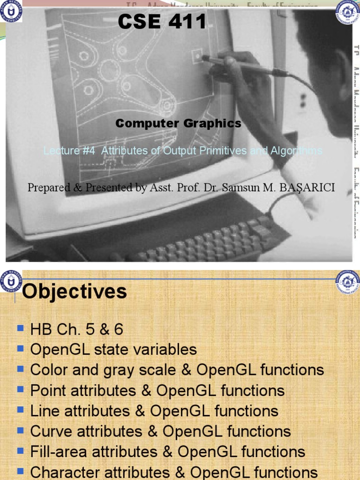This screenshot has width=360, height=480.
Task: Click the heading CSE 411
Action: tap(162, 22)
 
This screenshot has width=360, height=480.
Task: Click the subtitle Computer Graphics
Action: tap(179, 124)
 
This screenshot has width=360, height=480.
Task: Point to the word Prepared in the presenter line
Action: tap(47, 188)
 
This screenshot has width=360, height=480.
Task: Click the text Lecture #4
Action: tap(70, 151)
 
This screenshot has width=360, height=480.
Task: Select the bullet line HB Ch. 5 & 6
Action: tap(76, 330)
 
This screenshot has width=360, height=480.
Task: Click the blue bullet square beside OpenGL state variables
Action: tap(20, 349)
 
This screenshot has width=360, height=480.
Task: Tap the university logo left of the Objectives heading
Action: tap(11, 282)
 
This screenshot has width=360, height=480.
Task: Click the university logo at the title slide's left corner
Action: tap(11, 12)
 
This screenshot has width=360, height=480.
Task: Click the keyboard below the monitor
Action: tap(206, 244)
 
